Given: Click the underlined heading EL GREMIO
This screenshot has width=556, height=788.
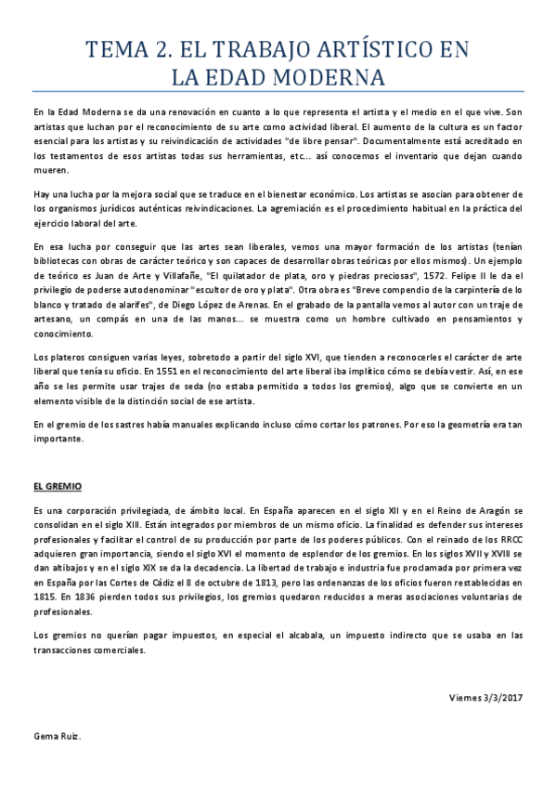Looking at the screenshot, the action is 58,486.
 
